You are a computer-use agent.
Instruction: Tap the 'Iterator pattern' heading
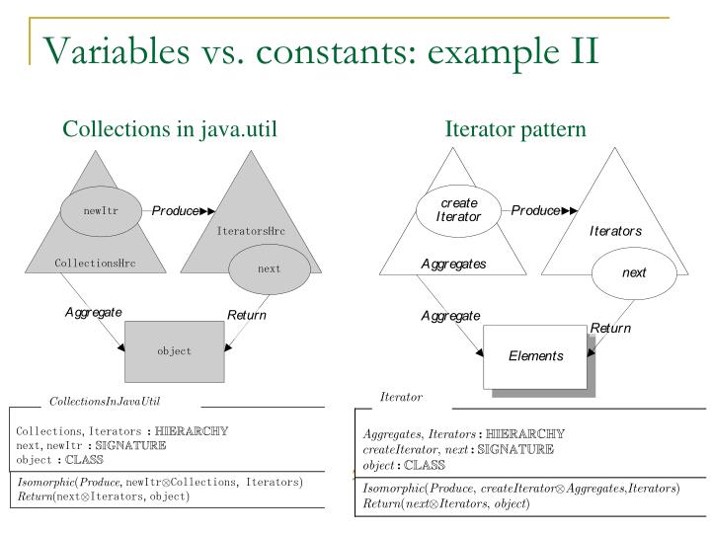tap(515, 129)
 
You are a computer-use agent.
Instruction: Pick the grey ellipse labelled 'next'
tap(269, 267)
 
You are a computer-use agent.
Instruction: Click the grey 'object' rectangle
tap(174, 350)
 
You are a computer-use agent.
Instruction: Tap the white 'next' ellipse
tap(633, 272)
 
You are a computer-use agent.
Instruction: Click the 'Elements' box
tap(535, 355)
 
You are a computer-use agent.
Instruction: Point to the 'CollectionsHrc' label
tap(96, 264)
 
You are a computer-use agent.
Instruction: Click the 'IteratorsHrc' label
tap(251, 231)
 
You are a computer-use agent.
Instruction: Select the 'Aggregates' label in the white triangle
tap(453, 265)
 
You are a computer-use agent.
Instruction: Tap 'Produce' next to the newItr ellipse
tap(175, 210)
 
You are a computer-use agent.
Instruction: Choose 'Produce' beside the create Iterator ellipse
tap(535, 210)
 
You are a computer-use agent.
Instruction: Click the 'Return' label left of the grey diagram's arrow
tap(247, 316)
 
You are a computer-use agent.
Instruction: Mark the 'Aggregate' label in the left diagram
tap(93, 312)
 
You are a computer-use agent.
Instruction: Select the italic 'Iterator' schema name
tap(401, 397)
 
